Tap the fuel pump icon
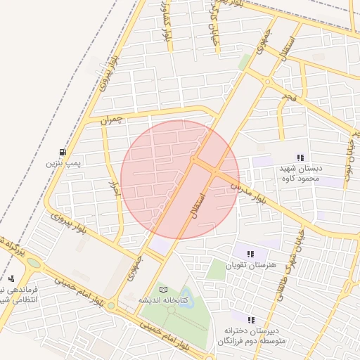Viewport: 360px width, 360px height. (x=63, y=152)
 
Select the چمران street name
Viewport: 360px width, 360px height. (x=111, y=120)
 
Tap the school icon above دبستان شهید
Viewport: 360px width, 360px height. (x=300, y=158)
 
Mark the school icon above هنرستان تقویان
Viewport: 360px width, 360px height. (x=251, y=254)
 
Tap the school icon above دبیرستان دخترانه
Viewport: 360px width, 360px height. (x=251, y=320)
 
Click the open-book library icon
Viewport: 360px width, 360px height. (x=164, y=289)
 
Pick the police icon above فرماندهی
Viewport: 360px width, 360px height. (x=12, y=278)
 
